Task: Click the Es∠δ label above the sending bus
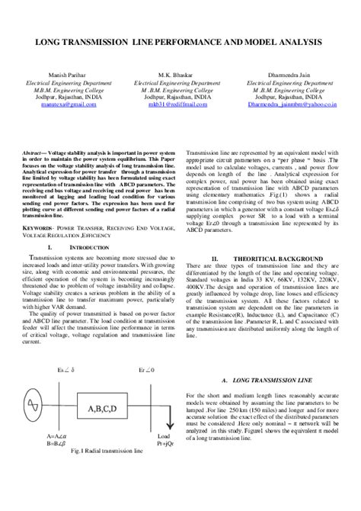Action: [x=66, y=369]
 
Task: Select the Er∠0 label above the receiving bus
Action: [x=145, y=369]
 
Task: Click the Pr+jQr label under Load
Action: [x=168, y=442]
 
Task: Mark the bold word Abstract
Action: [x=34, y=153]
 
